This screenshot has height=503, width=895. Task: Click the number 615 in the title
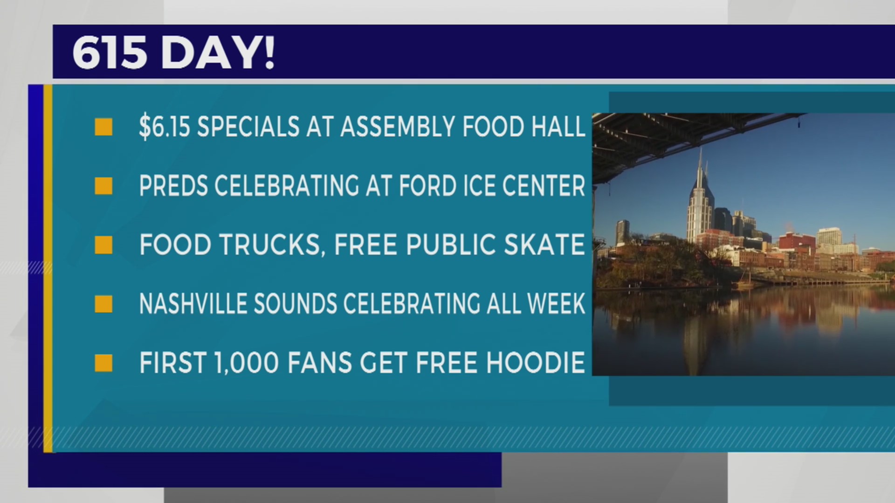pos(110,53)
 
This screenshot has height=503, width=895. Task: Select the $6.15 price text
pos(165,127)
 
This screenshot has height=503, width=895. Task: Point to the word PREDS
pos(173,186)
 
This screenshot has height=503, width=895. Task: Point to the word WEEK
pos(556,304)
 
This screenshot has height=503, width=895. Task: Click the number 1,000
pos(247,363)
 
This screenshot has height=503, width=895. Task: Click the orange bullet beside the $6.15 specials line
pos(103,127)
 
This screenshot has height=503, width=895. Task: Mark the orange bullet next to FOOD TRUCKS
pos(103,245)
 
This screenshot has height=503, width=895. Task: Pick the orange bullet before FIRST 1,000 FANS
pos(103,363)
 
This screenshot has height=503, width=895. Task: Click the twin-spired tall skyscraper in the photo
pos(700,200)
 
